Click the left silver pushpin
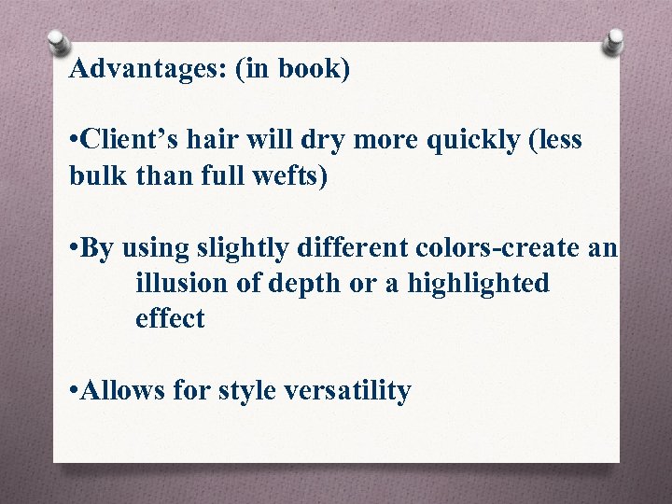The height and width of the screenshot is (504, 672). coord(58,43)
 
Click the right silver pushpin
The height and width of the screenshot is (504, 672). coord(613,41)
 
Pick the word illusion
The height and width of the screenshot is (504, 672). coord(183,284)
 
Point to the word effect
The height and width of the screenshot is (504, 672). coord(170,319)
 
